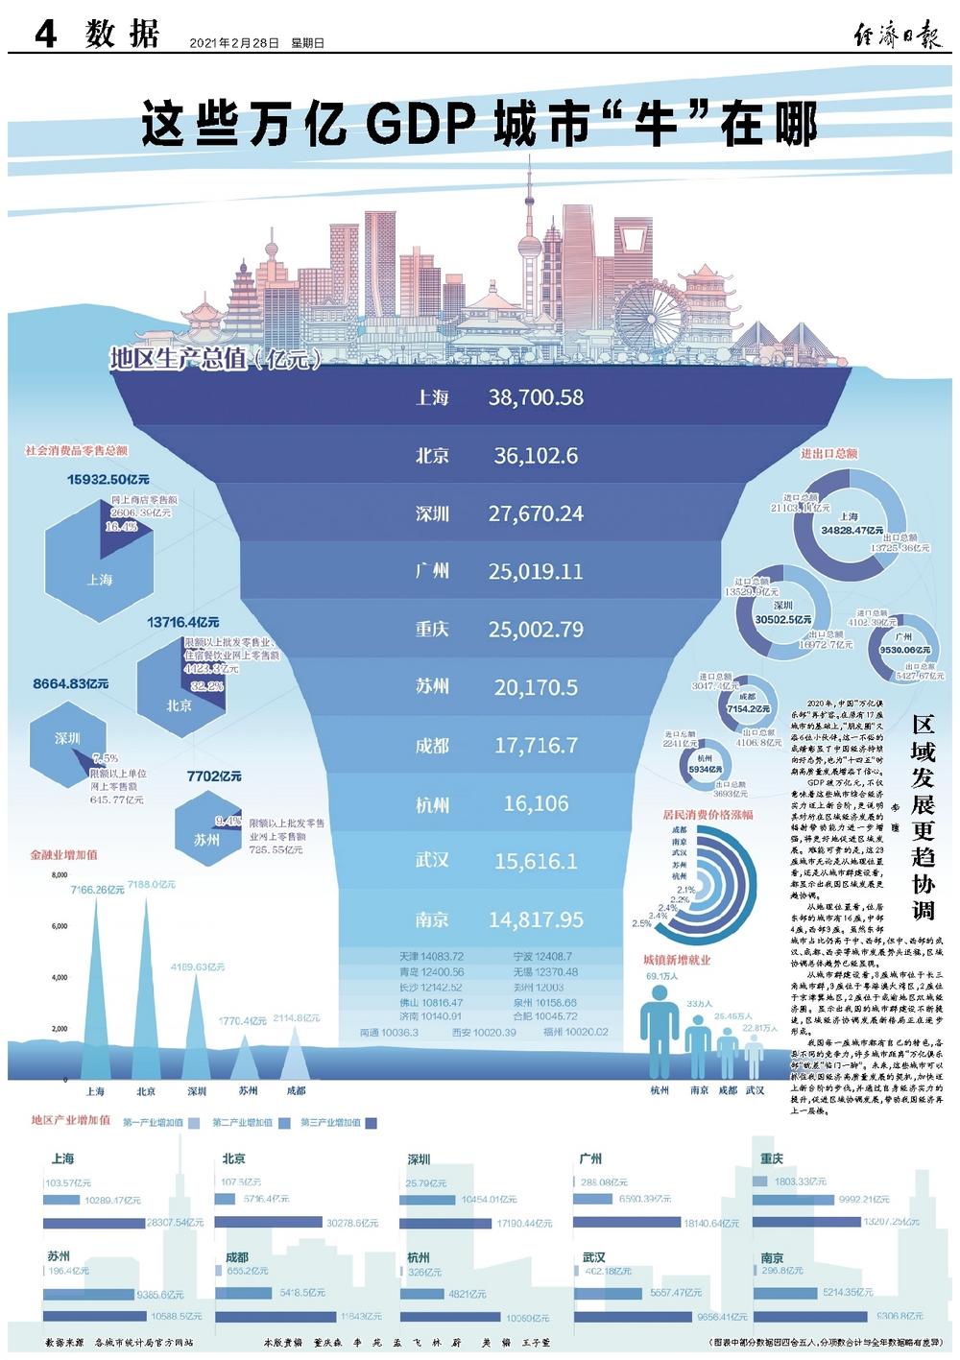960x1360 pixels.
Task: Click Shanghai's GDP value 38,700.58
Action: click(x=536, y=397)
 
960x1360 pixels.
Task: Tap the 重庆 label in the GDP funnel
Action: click(x=432, y=630)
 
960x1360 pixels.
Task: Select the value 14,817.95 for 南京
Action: click(x=536, y=919)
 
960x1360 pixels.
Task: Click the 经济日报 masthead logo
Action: click(x=899, y=36)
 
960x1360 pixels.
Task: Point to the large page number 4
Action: click(x=45, y=35)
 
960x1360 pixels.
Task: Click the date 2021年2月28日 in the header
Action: click(x=234, y=43)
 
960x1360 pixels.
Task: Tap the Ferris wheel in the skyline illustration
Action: click(x=650, y=308)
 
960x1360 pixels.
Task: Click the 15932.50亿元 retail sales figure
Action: click(x=108, y=479)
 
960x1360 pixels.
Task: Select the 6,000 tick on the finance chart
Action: click(x=59, y=926)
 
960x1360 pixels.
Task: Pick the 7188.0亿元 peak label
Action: click(x=151, y=884)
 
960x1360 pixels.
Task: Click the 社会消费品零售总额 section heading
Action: click(x=76, y=450)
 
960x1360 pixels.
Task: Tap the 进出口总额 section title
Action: click(x=829, y=453)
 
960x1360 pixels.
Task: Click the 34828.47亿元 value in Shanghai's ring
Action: click(x=852, y=529)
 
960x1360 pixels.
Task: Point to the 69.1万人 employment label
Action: click(x=661, y=976)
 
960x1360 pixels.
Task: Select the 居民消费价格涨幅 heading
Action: click(x=708, y=814)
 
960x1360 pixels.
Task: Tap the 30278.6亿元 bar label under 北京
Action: click(x=352, y=1223)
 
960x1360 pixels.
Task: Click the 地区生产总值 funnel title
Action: click(x=213, y=360)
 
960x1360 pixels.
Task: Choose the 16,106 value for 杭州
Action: click(x=536, y=803)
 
